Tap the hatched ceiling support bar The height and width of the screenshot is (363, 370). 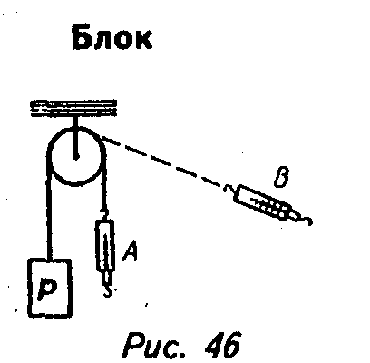(73, 108)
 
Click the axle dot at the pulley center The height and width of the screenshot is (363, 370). (76, 157)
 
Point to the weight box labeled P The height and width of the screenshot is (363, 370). (50, 288)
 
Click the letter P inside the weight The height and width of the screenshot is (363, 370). (48, 289)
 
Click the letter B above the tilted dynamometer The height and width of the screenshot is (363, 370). (281, 177)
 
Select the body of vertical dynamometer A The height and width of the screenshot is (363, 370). (104, 245)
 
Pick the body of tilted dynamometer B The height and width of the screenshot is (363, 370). (262, 202)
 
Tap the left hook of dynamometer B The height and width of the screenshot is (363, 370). (229, 189)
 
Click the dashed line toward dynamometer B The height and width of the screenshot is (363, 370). (161, 162)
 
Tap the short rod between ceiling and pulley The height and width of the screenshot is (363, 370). (75, 136)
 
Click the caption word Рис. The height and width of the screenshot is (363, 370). (156, 345)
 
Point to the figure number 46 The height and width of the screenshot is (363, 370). (223, 344)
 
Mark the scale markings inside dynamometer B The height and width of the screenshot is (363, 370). (268, 206)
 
